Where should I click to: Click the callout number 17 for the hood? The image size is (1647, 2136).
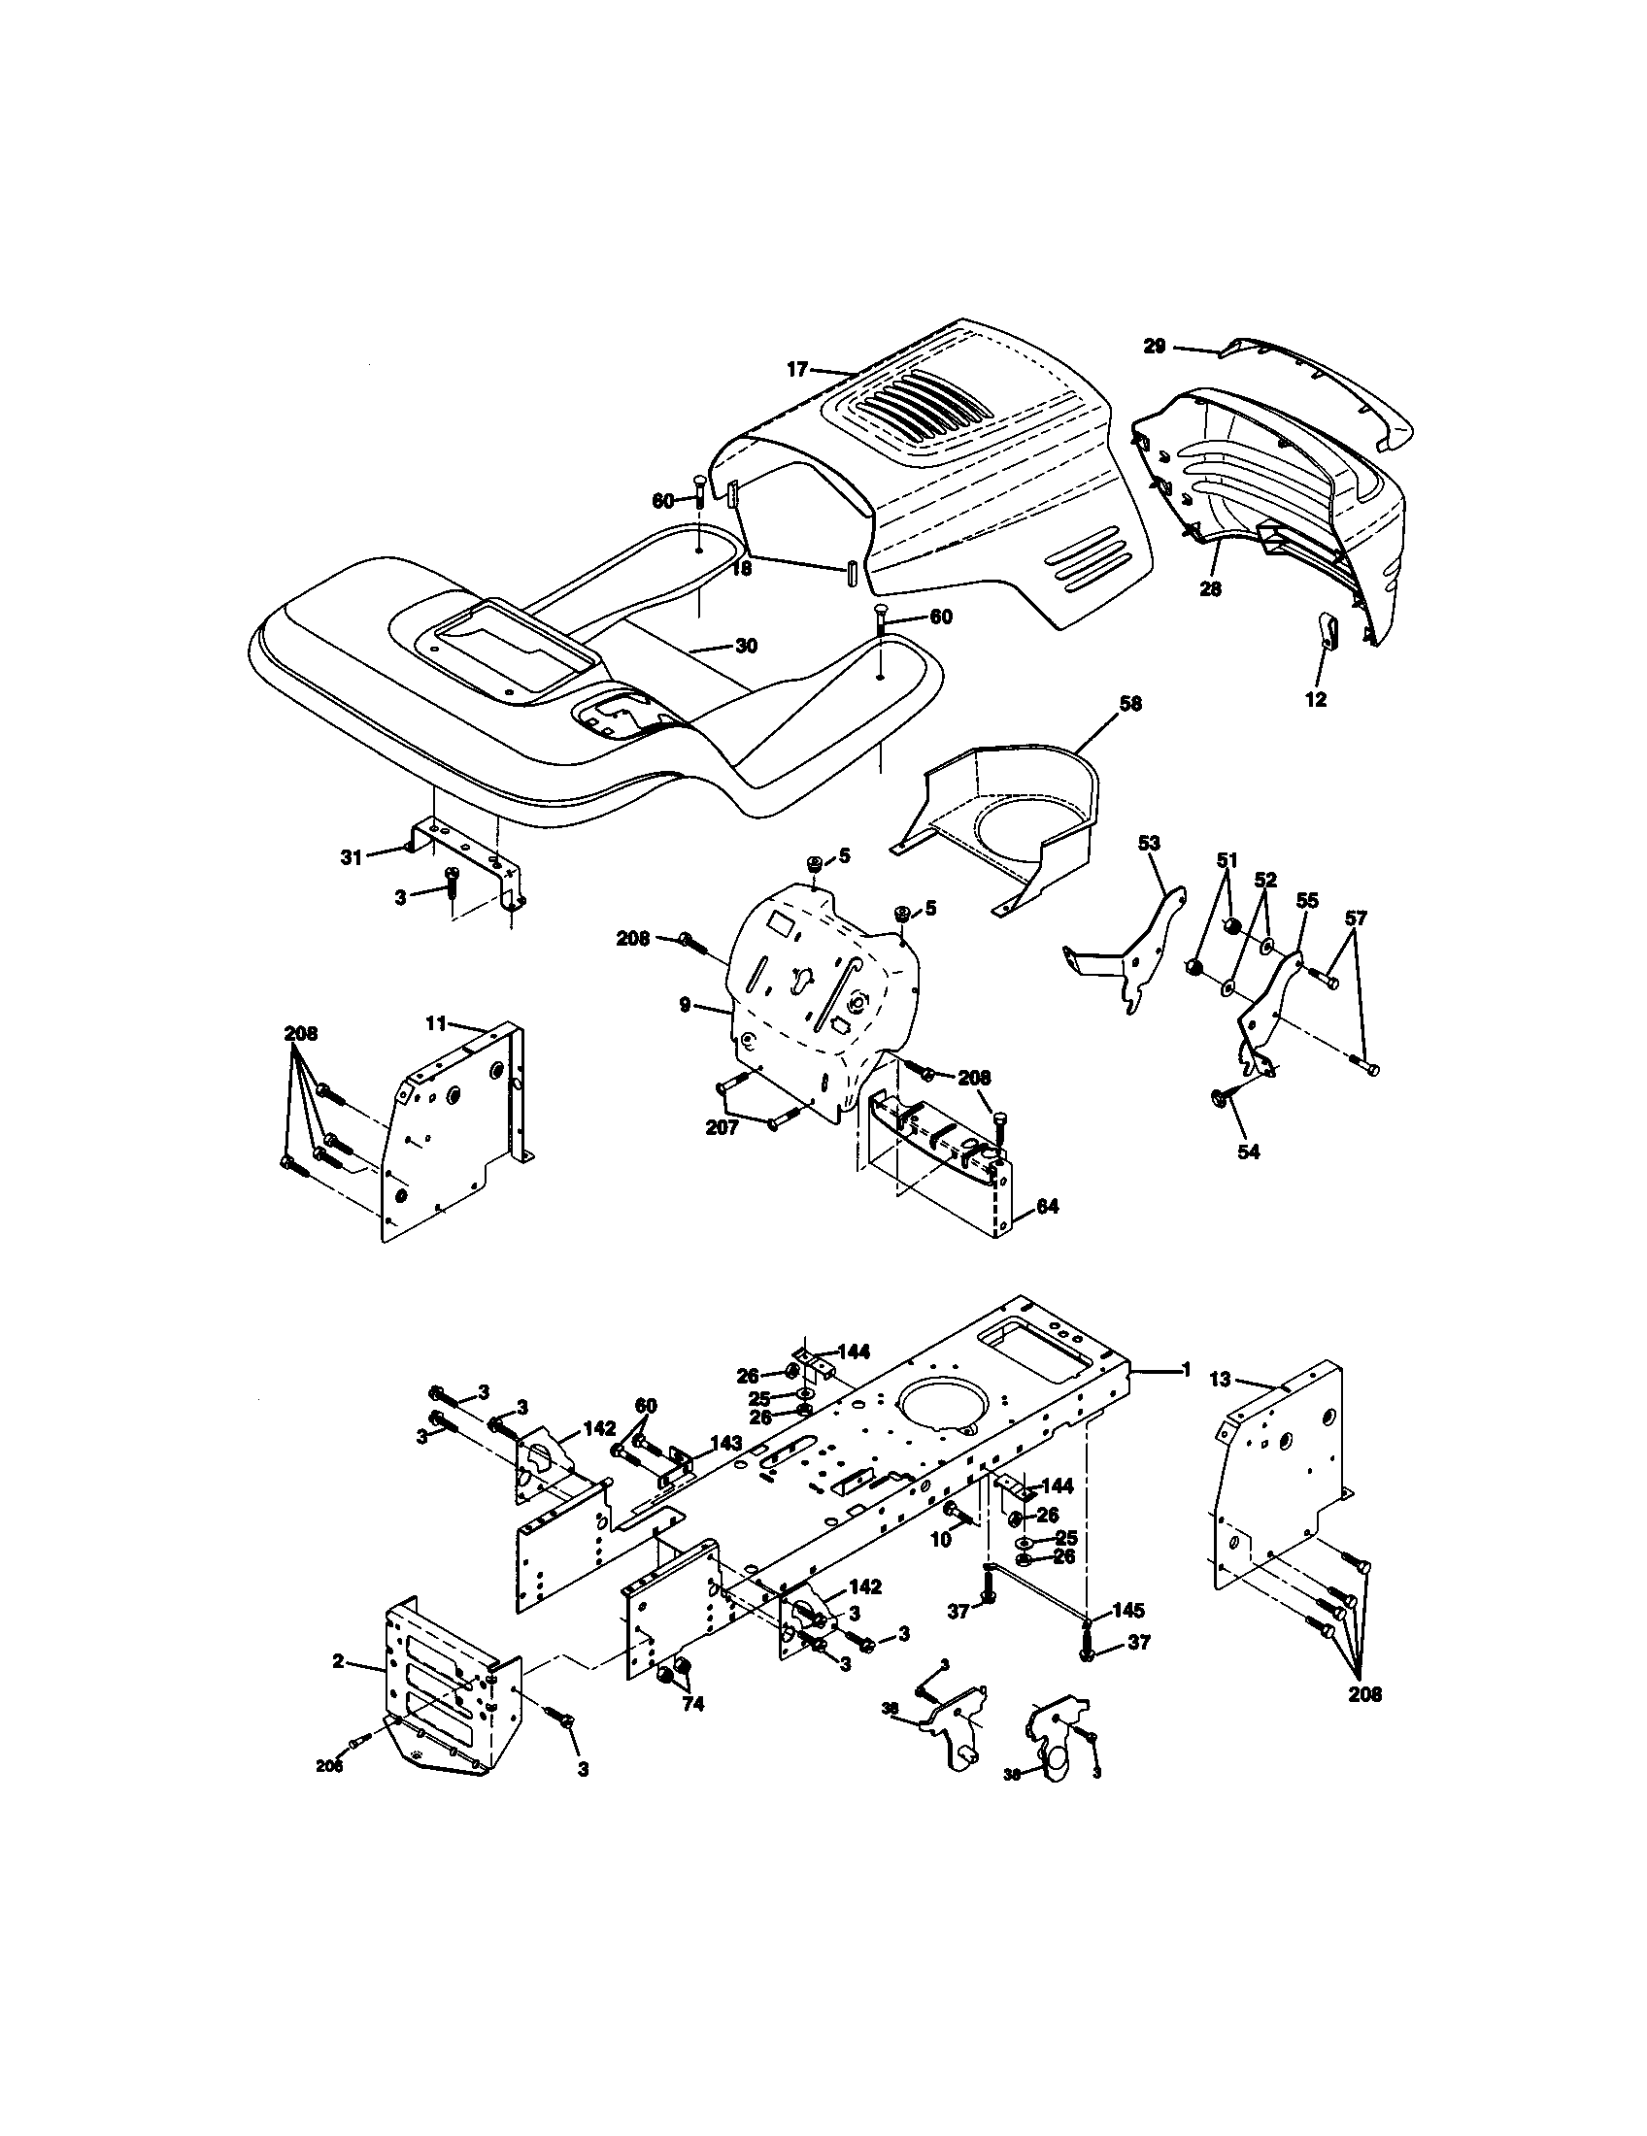click(x=797, y=369)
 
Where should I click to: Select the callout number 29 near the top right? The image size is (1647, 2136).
click(x=1155, y=347)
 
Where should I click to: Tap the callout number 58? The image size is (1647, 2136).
click(x=1130, y=703)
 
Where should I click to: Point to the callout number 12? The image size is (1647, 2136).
click(x=1316, y=699)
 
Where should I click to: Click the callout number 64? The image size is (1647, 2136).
click(x=1047, y=1208)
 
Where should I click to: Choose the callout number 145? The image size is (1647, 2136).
click(x=1127, y=1610)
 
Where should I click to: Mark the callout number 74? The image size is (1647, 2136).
click(x=692, y=1704)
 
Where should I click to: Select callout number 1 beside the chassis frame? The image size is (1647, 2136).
click(x=1186, y=1370)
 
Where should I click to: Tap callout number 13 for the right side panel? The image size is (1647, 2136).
click(x=1219, y=1380)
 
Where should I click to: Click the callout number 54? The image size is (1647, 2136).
click(x=1248, y=1151)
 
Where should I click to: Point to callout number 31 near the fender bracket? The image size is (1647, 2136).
click(x=351, y=857)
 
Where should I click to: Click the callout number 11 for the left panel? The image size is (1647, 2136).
click(x=435, y=1024)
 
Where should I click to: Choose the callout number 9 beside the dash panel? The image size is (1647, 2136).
click(x=686, y=1005)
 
